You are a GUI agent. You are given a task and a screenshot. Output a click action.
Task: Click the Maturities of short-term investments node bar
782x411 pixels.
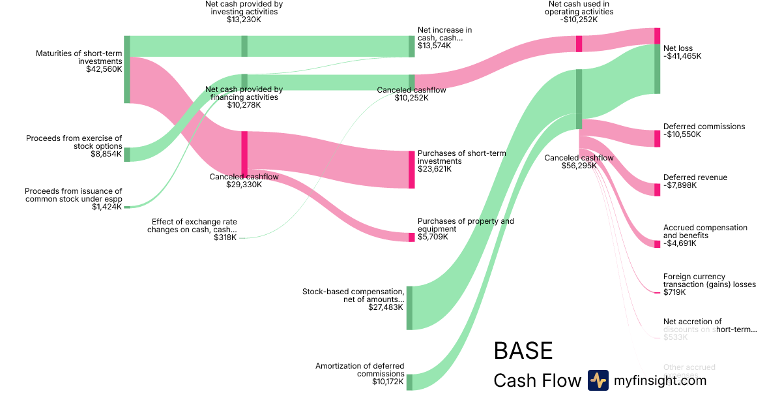pos(127,69)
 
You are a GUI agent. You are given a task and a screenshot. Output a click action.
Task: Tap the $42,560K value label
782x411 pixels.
pos(104,69)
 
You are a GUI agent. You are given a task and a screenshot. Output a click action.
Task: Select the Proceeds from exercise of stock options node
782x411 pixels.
pos(127,154)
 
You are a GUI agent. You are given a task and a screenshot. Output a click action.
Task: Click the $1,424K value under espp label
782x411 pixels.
pos(107,207)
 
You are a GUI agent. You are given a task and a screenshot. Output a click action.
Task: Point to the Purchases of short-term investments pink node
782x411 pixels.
pos(411,170)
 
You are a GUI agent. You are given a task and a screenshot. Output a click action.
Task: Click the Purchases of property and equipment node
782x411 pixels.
pos(411,237)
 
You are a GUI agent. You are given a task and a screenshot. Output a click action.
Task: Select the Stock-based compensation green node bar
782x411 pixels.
pos(409,307)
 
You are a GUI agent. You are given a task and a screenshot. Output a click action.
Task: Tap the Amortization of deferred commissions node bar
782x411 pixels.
pos(409,382)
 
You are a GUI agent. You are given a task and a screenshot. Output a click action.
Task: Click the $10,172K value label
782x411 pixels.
pos(388,381)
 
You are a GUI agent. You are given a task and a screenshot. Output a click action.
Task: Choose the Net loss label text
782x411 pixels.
pos(678,48)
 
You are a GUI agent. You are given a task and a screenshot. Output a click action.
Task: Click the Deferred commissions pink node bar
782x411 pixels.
pos(657,138)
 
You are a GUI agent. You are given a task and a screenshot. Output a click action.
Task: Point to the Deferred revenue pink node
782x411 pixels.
pos(657,189)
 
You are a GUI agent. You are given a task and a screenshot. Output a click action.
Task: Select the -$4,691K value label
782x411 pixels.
pos(680,243)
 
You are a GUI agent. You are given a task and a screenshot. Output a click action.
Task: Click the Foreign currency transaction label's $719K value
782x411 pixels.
pos(674,292)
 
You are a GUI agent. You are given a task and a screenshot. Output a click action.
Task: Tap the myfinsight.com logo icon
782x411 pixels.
pos(598,380)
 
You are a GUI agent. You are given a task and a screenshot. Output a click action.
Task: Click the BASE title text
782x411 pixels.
pos(523,351)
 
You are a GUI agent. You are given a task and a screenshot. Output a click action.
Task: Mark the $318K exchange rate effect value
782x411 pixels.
pos(225,237)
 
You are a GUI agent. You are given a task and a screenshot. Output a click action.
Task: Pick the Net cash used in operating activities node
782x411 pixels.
pos(579,44)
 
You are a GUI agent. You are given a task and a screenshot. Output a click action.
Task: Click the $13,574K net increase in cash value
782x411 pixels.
pos(434,46)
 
